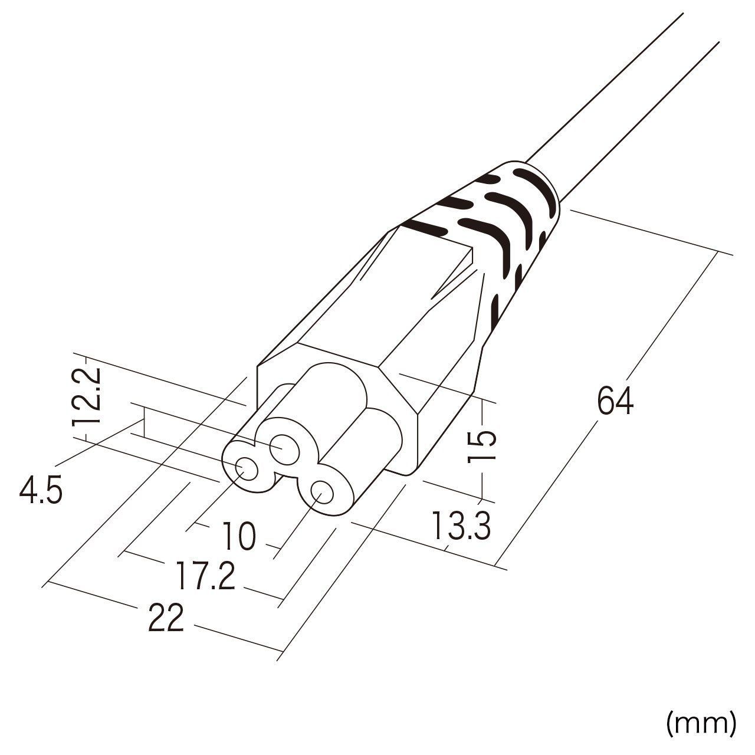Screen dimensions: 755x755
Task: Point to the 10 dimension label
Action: point(239,536)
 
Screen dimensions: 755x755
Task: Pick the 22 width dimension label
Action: point(166,618)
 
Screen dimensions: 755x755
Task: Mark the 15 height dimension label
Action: point(481,447)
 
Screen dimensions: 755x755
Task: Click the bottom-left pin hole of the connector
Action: point(246,469)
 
